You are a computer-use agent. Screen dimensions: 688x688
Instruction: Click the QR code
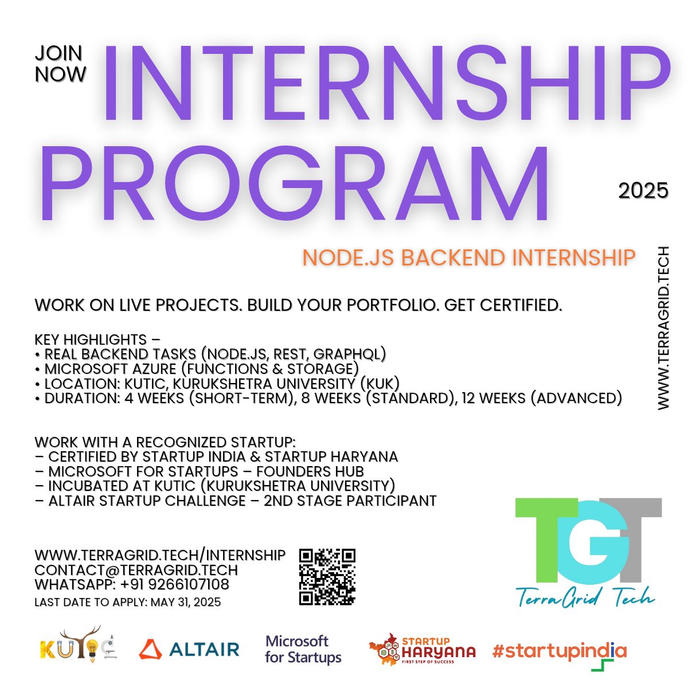tap(327, 577)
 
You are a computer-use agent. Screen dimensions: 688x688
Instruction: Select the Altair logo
tap(189, 650)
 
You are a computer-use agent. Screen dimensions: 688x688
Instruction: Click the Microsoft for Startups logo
tap(303, 650)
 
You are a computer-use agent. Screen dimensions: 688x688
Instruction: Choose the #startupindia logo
tap(560, 652)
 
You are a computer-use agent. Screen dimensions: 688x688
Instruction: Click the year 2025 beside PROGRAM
tap(643, 191)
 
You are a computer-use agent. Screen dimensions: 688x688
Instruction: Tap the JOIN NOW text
tap(60, 64)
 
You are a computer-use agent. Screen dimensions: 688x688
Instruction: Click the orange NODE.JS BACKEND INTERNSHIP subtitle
tap(469, 257)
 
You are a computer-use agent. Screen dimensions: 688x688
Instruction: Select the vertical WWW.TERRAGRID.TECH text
tap(663, 328)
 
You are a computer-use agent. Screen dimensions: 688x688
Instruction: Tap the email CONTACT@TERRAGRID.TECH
tap(136, 570)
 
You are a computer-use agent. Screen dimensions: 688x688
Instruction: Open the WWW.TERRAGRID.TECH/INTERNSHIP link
tap(160, 555)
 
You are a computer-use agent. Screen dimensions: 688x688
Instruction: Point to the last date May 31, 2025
tap(186, 602)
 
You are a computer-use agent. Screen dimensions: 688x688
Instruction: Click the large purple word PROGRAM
tap(295, 182)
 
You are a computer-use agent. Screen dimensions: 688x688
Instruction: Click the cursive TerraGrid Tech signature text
tap(585, 597)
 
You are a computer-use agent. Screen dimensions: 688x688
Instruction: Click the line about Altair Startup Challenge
tap(236, 501)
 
